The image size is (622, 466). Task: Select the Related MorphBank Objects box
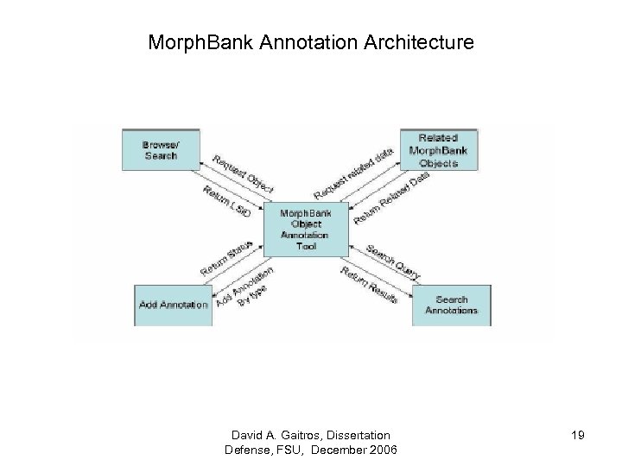[439, 150]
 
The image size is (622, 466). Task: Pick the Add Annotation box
[174, 304]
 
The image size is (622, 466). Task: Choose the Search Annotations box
[451, 304]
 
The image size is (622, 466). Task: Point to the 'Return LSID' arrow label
[226, 199]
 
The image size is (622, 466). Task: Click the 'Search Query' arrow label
[393, 262]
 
